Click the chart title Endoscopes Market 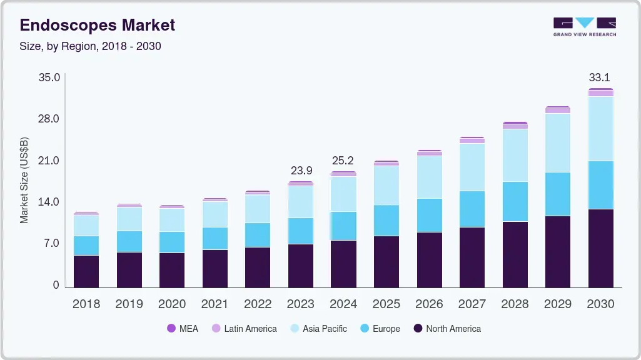[98, 26]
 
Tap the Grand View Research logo [584, 27]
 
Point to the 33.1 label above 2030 [599, 78]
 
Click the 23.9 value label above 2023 [301, 171]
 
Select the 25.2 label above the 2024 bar [343, 161]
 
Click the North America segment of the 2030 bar [600, 248]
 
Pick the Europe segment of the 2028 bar [515, 201]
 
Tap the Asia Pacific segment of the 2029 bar [558, 142]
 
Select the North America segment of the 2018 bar [86, 271]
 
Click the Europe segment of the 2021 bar [215, 238]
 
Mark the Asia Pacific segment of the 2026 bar [429, 177]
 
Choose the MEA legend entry [182, 328]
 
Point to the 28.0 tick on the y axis [49, 119]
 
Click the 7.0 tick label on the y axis [51, 244]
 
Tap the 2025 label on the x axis [386, 304]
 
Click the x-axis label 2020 [172, 304]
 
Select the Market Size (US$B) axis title [24, 180]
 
